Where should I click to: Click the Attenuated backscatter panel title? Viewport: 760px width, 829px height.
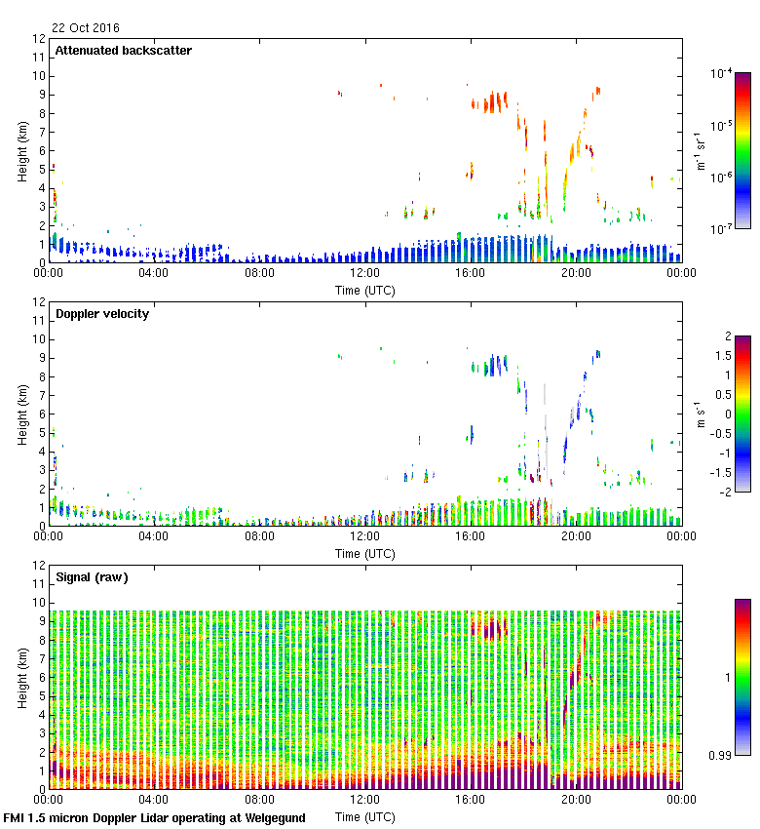coord(124,51)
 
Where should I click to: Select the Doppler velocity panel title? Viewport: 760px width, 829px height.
coord(102,314)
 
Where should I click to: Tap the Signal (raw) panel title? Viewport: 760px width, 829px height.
coord(92,577)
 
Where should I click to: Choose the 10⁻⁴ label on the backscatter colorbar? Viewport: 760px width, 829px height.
coord(721,73)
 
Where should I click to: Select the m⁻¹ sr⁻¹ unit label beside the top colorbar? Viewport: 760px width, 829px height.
coord(701,151)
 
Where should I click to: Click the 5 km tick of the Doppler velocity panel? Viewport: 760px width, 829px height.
coord(40,433)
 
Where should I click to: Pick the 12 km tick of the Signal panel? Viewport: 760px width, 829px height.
coord(40,566)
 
